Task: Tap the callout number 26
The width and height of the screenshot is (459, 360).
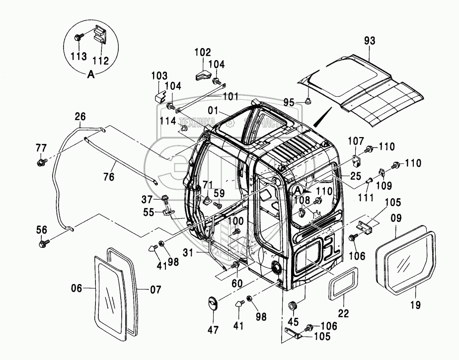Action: (80, 117)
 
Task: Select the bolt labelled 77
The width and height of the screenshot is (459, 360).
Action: (42, 161)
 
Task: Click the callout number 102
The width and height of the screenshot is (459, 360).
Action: (202, 52)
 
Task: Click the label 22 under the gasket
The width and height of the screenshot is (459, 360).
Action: (344, 313)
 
